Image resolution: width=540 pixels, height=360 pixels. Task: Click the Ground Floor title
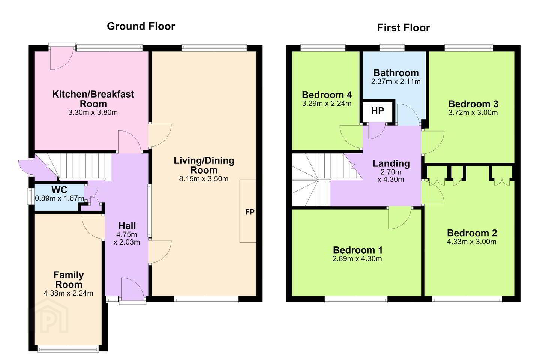pos(141,26)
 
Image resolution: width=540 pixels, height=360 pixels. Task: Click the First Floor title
pos(403,28)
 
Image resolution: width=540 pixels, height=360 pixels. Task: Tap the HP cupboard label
pos(378,111)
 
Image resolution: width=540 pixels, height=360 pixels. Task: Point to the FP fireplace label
pos(250,212)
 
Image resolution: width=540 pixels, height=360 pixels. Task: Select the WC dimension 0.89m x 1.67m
pos(60,198)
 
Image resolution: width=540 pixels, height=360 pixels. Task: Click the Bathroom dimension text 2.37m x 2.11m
pos(396,81)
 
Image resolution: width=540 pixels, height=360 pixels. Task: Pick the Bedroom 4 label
pos(327,95)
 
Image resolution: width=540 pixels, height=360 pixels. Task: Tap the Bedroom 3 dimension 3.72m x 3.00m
pos(473,112)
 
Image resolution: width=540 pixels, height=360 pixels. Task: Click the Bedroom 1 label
pos(358,250)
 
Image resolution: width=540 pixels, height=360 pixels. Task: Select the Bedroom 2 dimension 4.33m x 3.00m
pos(471,241)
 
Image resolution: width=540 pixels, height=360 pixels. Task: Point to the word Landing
pos(391,164)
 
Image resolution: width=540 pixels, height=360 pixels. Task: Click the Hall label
pos(127,226)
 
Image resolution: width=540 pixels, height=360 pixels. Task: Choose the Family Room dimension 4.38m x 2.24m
pos(69,293)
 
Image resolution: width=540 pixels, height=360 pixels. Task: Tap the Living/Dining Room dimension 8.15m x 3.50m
pos(204,179)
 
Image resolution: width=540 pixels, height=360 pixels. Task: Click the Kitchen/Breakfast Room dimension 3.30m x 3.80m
pos(93,112)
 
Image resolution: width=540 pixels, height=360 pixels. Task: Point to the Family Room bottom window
pos(68,349)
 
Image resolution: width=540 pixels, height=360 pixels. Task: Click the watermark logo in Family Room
pos(49,315)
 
